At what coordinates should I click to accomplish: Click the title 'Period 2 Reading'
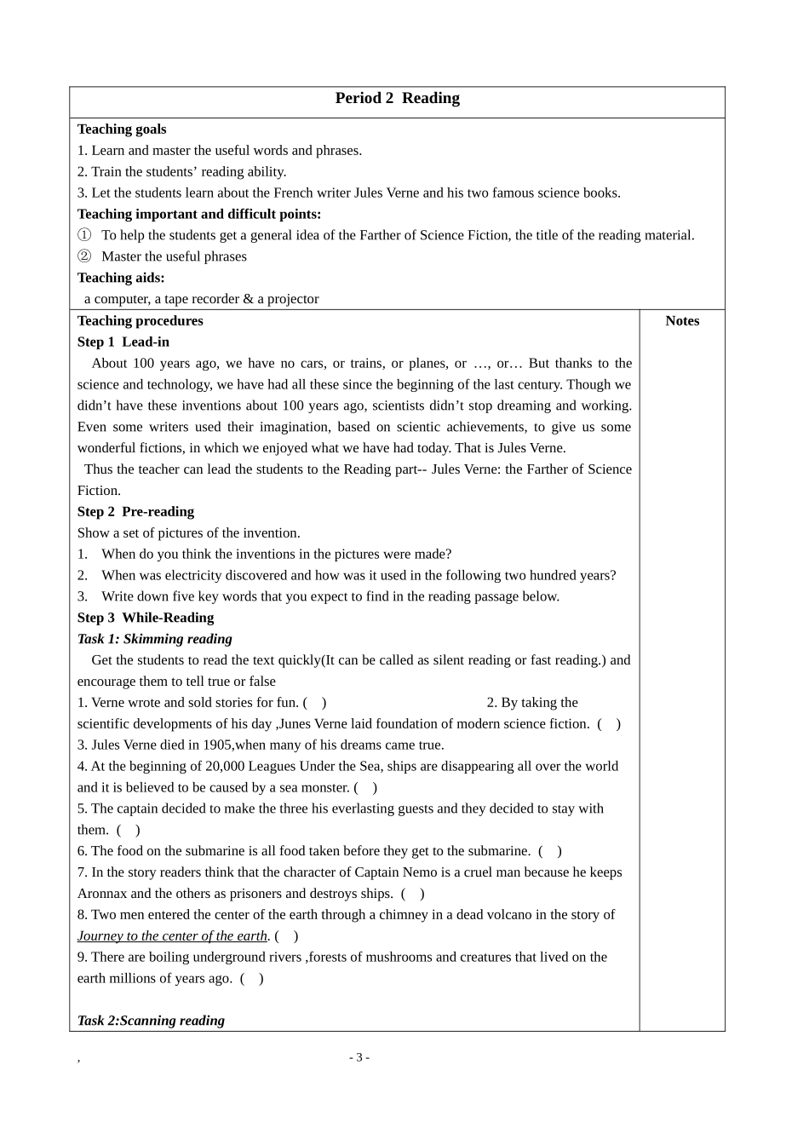pyautogui.click(x=397, y=99)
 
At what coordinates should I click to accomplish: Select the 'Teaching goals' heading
pyautogui.click(x=122, y=129)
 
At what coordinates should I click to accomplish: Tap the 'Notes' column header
pyautogui.click(x=681, y=321)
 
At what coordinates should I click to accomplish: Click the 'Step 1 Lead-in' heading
pyautogui.click(x=123, y=342)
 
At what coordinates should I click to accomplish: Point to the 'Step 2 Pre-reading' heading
pyautogui.click(x=135, y=512)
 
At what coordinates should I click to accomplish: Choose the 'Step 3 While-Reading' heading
pyautogui.click(x=145, y=618)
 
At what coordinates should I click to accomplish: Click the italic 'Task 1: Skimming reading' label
pyautogui.click(x=154, y=639)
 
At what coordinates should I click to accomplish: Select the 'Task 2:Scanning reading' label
pyautogui.click(x=151, y=1021)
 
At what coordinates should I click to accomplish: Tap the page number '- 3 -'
pyautogui.click(x=359, y=1057)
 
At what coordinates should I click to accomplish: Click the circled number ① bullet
pyautogui.click(x=83, y=235)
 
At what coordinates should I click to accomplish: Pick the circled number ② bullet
pyautogui.click(x=83, y=256)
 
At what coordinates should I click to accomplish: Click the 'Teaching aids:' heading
pyautogui.click(x=121, y=278)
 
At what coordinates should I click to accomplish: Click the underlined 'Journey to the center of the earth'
pyautogui.click(x=172, y=936)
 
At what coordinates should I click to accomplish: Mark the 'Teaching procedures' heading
pyautogui.click(x=140, y=321)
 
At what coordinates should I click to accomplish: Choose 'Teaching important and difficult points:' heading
pyautogui.click(x=199, y=215)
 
